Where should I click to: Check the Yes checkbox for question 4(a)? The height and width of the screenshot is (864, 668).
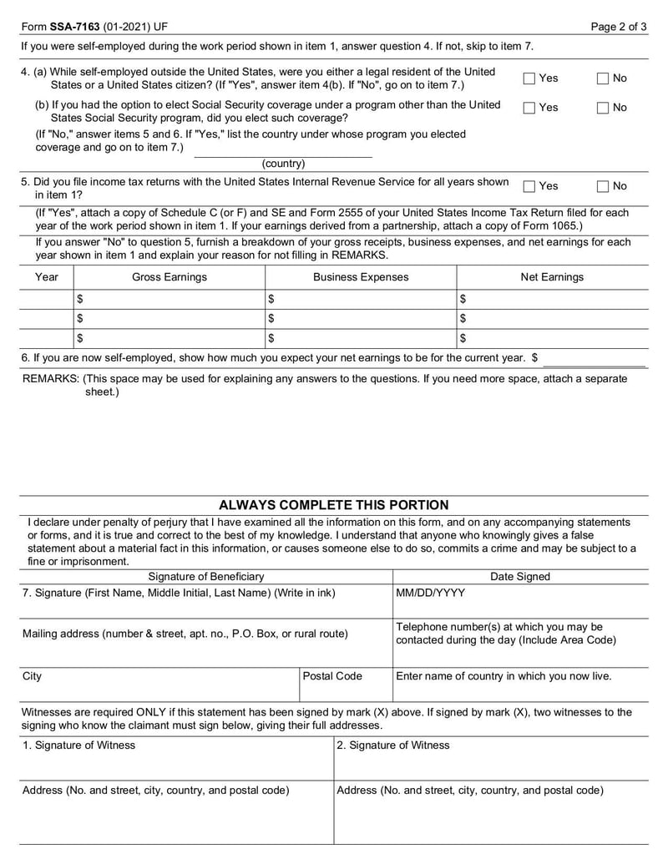[x=529, y=78]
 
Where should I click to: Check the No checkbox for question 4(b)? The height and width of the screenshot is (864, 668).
[x=603, y=108]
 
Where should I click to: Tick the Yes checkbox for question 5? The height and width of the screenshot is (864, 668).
[x=529, y=186]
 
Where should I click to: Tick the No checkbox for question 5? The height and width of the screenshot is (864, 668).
[x=603, y=186]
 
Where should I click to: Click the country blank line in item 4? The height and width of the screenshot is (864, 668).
[x=283, y=153]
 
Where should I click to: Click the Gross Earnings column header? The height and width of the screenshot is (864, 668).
[x=170, y=277]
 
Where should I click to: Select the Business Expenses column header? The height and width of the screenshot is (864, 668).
[x=361, y=277]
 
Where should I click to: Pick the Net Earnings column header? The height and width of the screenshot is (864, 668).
[x=551, y=277]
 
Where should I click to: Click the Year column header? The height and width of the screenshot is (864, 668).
[x=47, y=277]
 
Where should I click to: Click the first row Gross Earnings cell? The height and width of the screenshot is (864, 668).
[x=170, y=299]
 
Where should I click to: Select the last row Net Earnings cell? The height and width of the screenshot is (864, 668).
[x=551, y=338]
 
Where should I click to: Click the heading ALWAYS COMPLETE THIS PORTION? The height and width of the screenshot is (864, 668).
[x=333, y=505]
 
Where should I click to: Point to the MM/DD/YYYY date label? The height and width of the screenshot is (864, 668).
[x=431, y=593]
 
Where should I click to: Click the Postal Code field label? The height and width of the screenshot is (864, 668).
[x=332, y=676]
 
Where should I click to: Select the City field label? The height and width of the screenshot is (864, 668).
[x=32, y=676]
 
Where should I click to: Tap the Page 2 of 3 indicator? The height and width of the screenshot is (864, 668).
[x=618, y=27]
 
